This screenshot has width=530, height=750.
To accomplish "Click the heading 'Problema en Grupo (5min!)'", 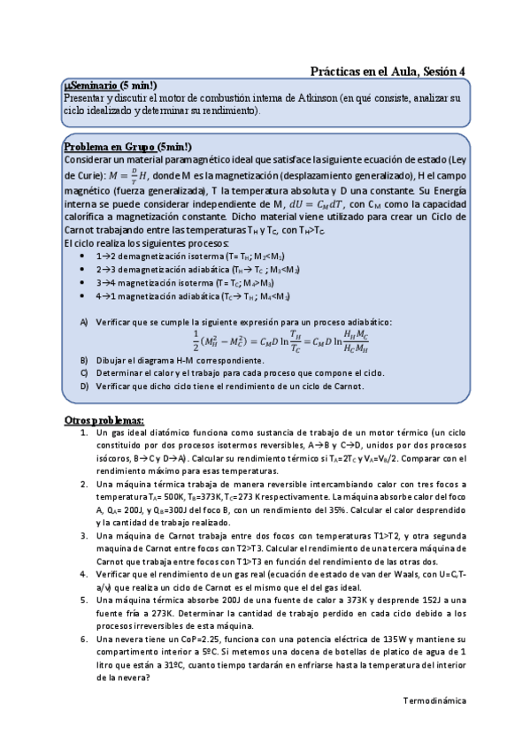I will tap(128, 146).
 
